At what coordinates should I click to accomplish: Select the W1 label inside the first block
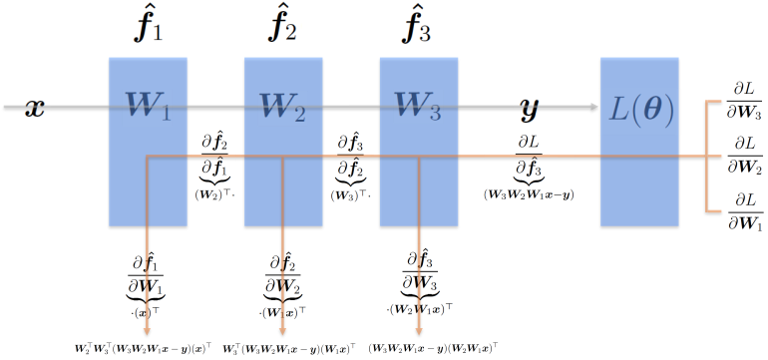[148, 105]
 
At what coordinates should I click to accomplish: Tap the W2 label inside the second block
[283, 105]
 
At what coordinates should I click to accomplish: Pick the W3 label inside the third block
[418, 105]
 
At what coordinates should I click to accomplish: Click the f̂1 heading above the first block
[148, 27]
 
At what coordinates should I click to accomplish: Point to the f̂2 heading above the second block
[283, 27]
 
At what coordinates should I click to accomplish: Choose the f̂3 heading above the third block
[418, 27]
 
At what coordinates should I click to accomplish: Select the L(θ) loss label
[639, 111]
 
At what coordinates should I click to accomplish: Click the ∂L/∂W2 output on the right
[743, 156]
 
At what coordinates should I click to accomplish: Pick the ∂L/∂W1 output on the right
[743, 210]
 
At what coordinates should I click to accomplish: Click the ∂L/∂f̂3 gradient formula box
[529, 159]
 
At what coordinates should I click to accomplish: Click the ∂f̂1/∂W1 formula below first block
[148, 284]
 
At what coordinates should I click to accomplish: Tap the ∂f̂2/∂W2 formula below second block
[283, 284]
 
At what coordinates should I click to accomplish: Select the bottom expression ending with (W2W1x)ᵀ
[433, 348]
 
